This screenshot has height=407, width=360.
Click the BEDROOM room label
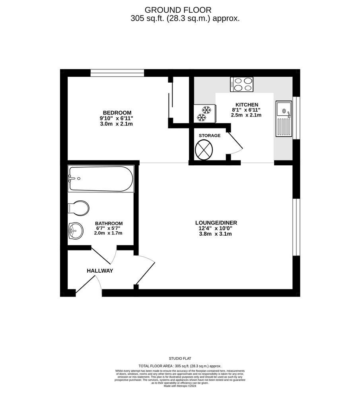pyautogui.click(x=117, y=112)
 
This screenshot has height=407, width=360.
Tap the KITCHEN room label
pyautogui.click(x=247, y=105)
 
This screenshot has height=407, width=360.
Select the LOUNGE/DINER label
pyautogui.click(x=216, y=223)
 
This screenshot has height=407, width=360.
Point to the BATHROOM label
pyautogui.click(x=109, y=223)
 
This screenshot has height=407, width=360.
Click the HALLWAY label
pyautogui.click(x=100, y=271)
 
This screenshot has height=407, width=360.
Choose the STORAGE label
pyautogui.click(x=210, y=136)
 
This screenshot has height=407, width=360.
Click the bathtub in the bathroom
pyautogui.click(x=101, y=178)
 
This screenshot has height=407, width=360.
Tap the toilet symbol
pyautogui.click(x=78, y=208)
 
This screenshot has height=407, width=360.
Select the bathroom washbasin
pyautogui.click(x=76, y=231)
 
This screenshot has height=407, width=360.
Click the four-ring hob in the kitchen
pyautogui.click(x=241, y=84)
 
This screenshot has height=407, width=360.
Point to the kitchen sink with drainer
pyautogui.click(x=284, y=118)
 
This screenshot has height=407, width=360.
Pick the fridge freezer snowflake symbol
pyautogui.click(x=204, y=113)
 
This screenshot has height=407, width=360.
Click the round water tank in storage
pyautogui.click(x=204, y=150)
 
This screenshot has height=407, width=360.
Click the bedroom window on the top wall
pyautogui.click(x=117, y=73)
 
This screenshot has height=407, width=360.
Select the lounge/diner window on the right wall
pyautogui.click(x=296, y=227)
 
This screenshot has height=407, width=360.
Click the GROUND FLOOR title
pyautogui.click(x=178, y=10)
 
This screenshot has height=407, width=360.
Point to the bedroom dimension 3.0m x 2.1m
pyautogui.click(x=117, y=124)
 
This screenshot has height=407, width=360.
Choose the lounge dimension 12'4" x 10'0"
pyautogui.click(x=216, y=229)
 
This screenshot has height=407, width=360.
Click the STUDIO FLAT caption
pyautogui.click(x=180, y=359)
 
